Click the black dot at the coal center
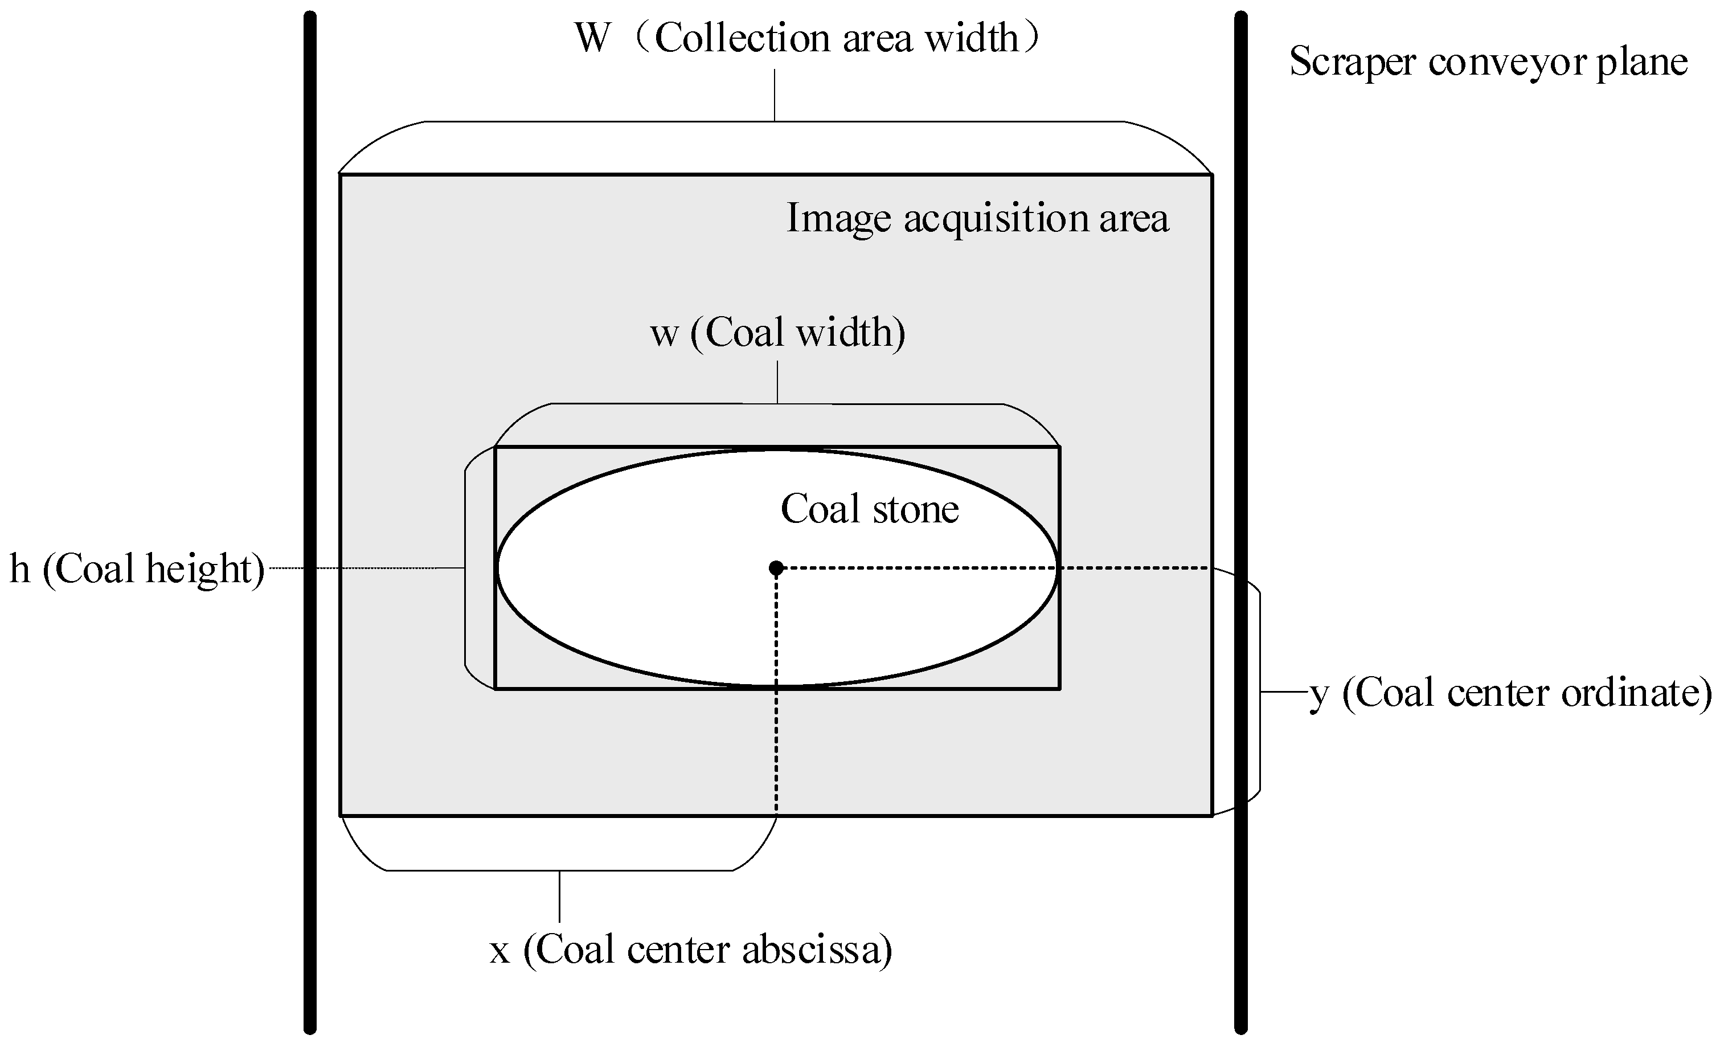(x=776, y=568)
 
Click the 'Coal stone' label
(x=869, y=509)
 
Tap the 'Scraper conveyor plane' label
(x=1488, y=62)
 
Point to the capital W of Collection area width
(x=592, y=38)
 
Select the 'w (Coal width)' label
(x=777, y=332)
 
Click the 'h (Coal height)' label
(x=137, y=568)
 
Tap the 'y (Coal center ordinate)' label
(x=1510, y=693)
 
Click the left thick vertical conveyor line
(x=310, y=523)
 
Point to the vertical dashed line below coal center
(x=776, y=698)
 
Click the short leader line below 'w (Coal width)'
(x=777, y=382)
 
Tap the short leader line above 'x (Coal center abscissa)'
(x=559, y=896)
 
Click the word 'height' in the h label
(x=198, y=568)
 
